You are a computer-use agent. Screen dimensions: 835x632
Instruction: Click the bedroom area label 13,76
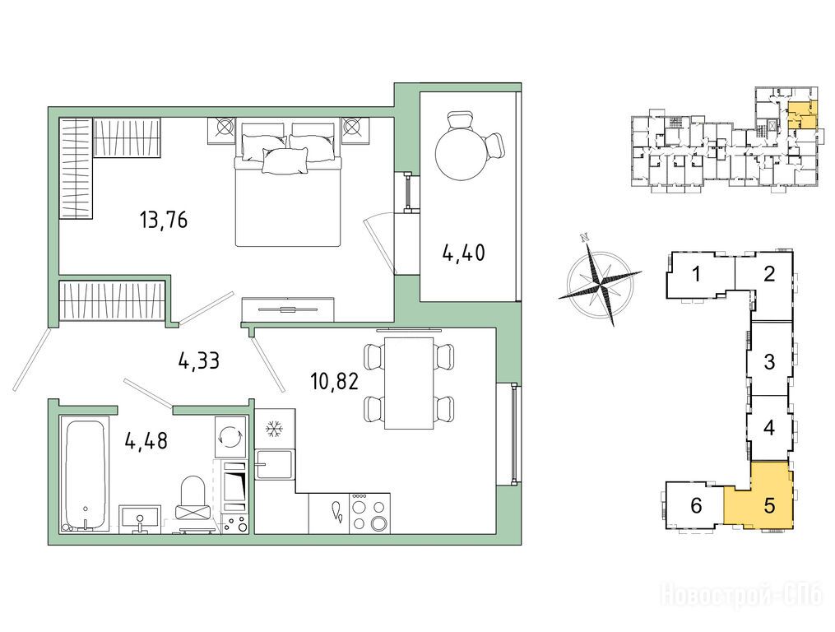pyautogui.click(x=164, y=220)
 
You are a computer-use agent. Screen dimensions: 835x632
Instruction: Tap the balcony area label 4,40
pyautogui.click(x=463, y=252)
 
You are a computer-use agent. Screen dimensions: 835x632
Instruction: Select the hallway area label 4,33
pyautogui.click(x=198, y=362)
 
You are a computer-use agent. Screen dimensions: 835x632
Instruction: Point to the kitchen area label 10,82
pyautogui.click(x=335, y=382)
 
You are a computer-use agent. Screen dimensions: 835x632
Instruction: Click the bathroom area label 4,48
pyautogui.click(x=146, y=441)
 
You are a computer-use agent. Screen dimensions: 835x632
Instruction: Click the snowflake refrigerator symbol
pyautogui.click(x=274, y=429)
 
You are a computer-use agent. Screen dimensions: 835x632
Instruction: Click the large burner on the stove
pyautogui.click(x=379, y=523)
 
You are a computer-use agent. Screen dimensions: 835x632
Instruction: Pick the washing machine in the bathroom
pyautogui.click(x=230, y=436)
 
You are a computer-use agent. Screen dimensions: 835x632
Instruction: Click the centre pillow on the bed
pyautogui.click(x=285, y=160)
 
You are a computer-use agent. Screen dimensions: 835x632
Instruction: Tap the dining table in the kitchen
pyautogui.click(x=410, y=382)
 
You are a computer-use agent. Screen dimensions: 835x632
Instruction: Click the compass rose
pyautogui.click(x=601, y=280)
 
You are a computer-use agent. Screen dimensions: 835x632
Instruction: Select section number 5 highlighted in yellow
pyautogui.click(x=769, y=505)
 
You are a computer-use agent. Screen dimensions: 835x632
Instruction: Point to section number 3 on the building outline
pyautogui.click(x=769, y=362)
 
